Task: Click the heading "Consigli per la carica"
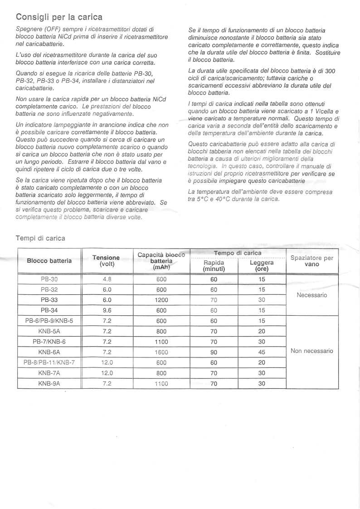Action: pos(59,17)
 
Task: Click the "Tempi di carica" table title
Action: pos(40,238)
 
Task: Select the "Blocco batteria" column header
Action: pos(49,261)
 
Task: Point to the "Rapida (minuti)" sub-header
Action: pos(214,265)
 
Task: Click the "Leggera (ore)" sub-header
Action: pos(262,265)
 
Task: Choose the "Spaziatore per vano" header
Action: pos(311,261)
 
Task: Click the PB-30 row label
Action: pos(49,279)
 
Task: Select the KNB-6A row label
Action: pos(49,352)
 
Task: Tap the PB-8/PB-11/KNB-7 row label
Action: pos(49,362)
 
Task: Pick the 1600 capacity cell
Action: pos(161,352)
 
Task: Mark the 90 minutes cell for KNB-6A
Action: pos(214,352)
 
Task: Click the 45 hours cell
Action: pos(262,352)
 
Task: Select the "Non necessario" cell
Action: pos(311,351)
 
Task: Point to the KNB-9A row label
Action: pos(49,383)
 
